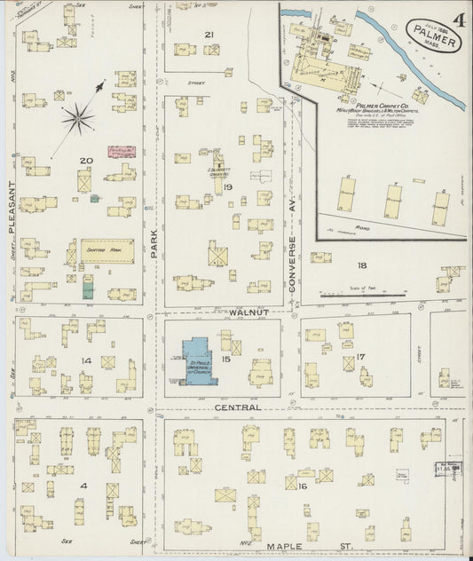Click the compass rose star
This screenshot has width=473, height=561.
coord(78,115)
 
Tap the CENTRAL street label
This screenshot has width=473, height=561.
coord(237,407)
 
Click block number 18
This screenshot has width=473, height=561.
coord(361,265)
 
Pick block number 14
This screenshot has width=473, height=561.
coord(86,360)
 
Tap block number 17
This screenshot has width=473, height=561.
coord(360,357)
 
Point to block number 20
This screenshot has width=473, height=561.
coord(85,161)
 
